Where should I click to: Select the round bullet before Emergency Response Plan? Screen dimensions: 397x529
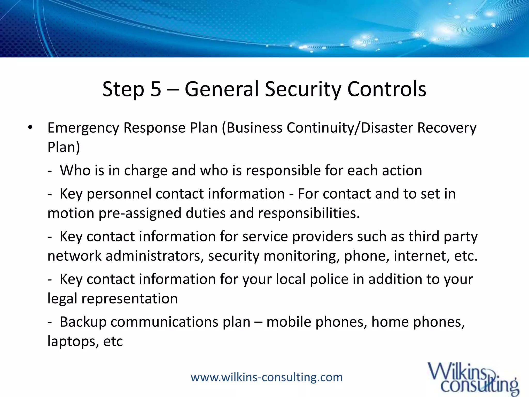click(30, 127)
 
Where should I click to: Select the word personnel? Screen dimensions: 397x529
click(119, 194)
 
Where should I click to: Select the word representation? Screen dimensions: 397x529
click(129, 299)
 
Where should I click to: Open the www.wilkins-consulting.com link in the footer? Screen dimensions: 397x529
click(267, 377)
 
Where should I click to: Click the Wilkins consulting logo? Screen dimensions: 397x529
click(473, 378)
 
